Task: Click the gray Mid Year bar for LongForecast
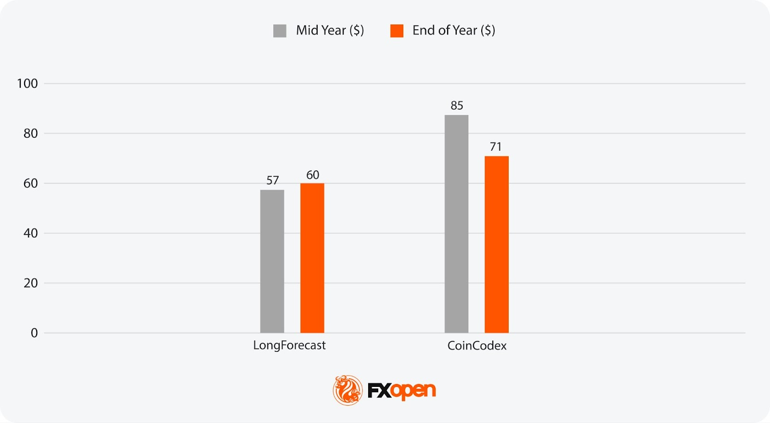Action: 272,261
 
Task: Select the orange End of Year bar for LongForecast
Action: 312,258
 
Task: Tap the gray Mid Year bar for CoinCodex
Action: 456,224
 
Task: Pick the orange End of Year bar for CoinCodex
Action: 496,244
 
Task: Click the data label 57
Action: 272,180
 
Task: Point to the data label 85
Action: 457,105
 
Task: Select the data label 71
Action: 496,147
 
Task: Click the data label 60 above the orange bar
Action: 312,175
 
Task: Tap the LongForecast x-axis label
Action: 289,346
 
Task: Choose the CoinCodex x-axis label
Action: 477,346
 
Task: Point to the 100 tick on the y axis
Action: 27,84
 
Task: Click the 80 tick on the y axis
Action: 30,133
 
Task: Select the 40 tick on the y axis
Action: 30,233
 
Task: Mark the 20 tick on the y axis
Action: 30,283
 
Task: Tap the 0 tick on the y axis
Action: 34,333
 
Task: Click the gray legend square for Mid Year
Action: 280,31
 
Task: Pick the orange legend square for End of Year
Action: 397,31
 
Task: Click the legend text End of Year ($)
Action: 453,30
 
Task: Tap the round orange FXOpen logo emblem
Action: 347,390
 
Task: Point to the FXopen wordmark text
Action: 401,390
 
